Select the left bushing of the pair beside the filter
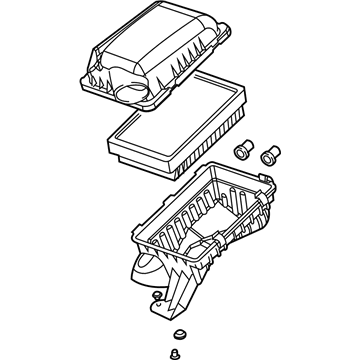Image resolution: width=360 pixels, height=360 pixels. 242,150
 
